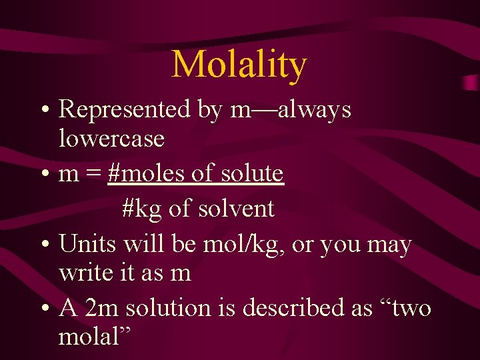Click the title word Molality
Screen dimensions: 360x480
[239, 65]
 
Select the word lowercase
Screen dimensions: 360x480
[111, 139]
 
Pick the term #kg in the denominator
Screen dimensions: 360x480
[143, 209]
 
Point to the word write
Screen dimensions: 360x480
[83, 273]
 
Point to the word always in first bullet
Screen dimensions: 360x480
[314, 109]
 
